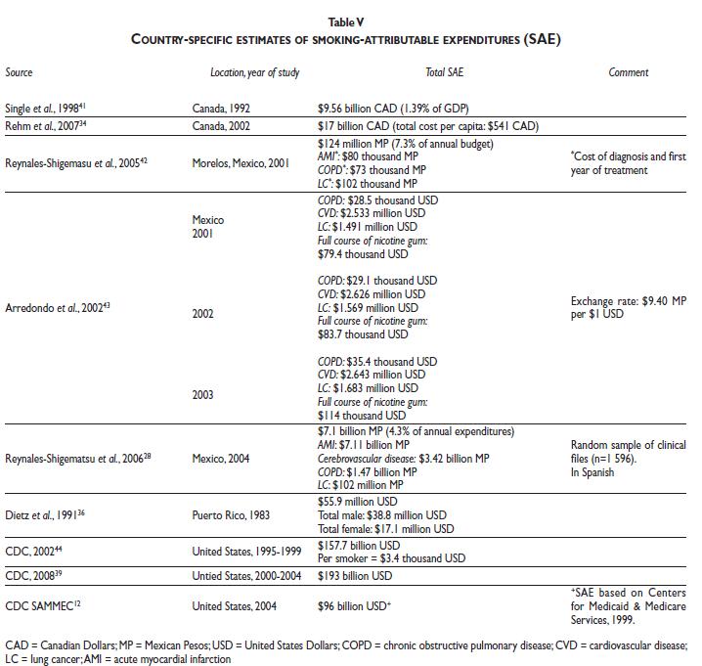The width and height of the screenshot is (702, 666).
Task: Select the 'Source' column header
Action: [19, 73]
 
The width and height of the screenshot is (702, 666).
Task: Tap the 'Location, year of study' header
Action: [255, 73]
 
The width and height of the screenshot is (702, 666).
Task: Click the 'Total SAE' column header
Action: [447, 73]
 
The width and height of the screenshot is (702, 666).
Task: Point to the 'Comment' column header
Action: [629, 73]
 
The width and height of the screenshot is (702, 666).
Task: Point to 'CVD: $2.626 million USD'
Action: [372, 293]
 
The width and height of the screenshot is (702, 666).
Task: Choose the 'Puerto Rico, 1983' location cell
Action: [232, 514]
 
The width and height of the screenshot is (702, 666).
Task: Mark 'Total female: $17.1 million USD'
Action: [386, 529]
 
